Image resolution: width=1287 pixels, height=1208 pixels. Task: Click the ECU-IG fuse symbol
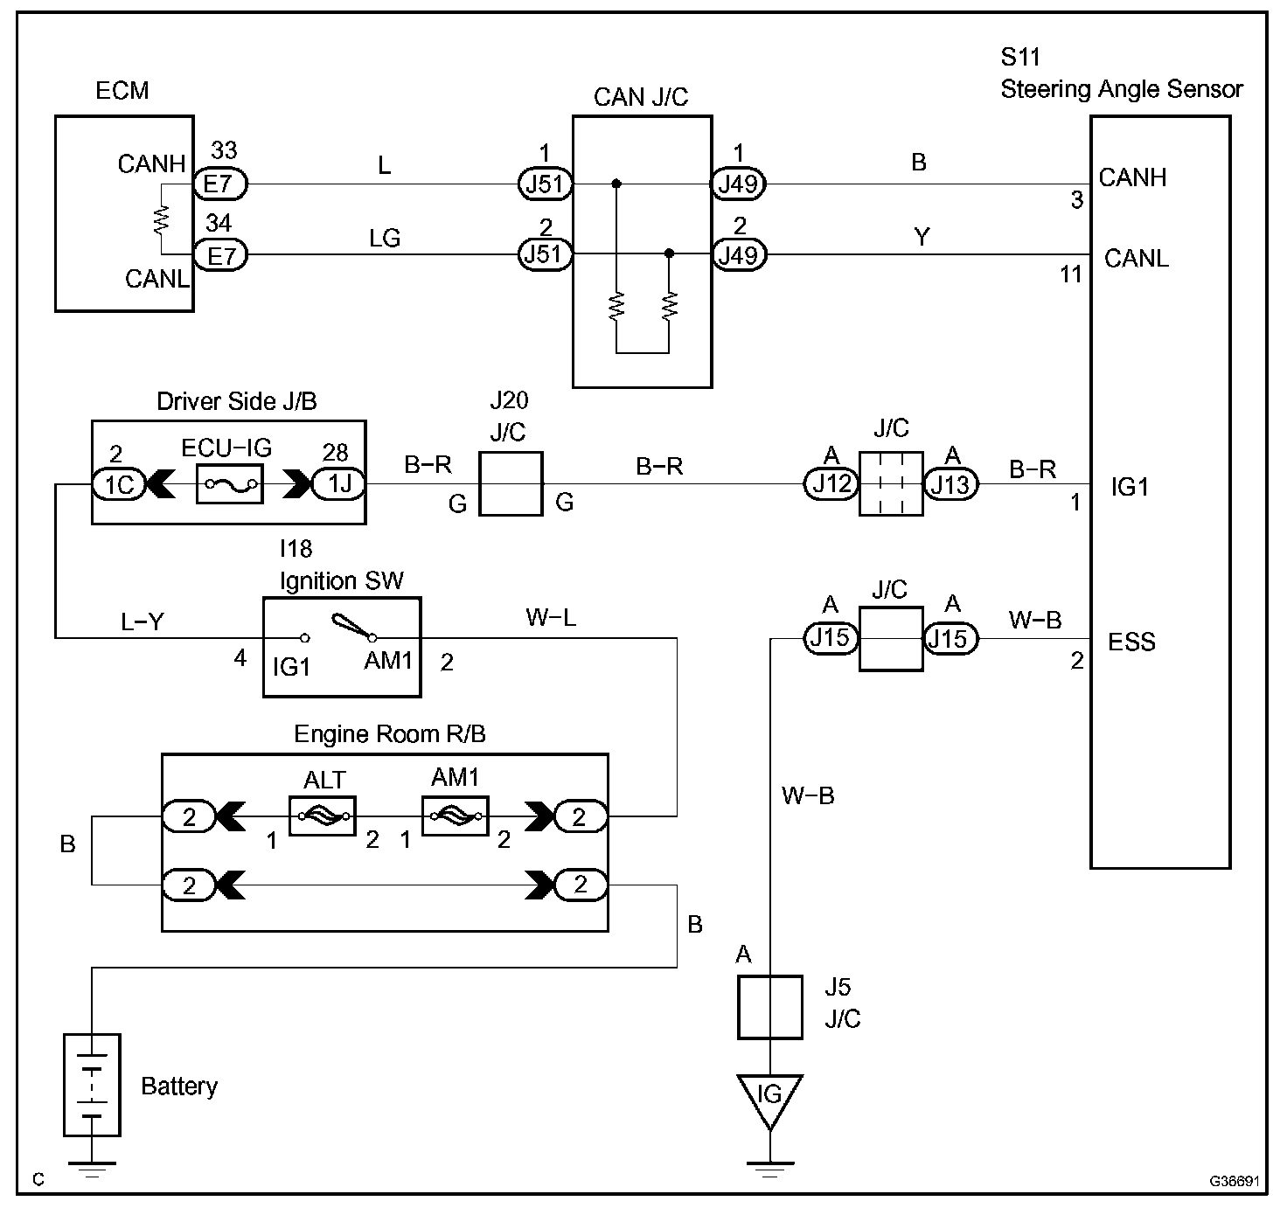point(229,483)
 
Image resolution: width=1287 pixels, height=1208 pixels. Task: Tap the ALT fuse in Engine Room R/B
point(322,816)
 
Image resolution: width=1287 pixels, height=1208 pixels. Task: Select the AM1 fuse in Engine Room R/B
point(455,816)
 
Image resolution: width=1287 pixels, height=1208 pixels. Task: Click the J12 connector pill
point(831,483)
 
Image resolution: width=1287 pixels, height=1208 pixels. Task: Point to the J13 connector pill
point(950,484)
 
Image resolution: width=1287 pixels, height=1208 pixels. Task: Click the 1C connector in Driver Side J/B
point(119,484)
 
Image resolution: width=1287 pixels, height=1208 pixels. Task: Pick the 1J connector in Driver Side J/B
point(339,483)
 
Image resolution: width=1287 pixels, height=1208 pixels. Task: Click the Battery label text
point(179,1086)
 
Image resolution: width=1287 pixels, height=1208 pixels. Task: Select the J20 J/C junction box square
point(511,483)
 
